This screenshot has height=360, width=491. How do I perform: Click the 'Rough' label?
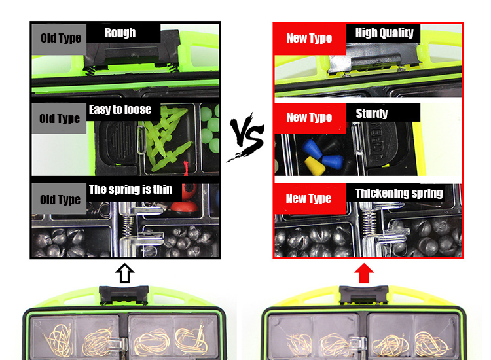(120, 33)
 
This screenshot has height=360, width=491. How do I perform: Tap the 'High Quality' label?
(384, 33)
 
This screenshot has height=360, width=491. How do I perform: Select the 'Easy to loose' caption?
(120, 109)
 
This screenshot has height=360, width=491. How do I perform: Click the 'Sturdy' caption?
(372, 113)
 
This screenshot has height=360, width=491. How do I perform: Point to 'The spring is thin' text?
(130, 189)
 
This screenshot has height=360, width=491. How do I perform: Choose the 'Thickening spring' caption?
(399, 193)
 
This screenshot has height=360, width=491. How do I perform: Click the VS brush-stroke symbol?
(246, 137)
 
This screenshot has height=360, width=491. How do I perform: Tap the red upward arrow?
(364, 274)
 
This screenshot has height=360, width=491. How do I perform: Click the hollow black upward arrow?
(124, 274)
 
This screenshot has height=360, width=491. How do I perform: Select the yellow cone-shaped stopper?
(314, 165)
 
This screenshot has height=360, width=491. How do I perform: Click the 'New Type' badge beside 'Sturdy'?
(310, 118)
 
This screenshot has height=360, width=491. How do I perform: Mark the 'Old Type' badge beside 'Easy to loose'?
(59, 118)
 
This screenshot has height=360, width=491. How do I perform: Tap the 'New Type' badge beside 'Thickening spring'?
(310, 199)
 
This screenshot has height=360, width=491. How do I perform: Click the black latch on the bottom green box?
(124, 295)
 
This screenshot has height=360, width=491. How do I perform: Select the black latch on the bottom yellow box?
(364, 295)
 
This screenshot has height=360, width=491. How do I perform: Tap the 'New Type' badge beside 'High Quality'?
(310, 39)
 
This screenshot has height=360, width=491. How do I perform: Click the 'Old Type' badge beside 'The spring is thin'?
(59, 199)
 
